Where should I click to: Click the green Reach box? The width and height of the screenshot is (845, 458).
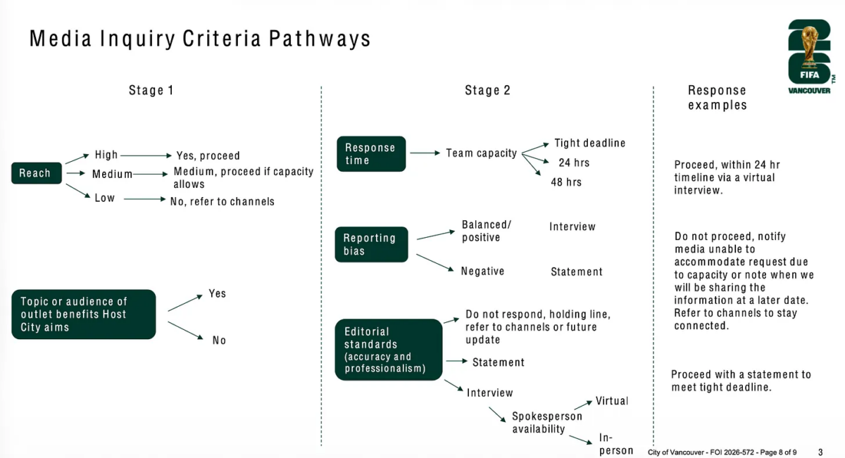(37, 173)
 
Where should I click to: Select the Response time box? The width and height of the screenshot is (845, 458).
(371, 154)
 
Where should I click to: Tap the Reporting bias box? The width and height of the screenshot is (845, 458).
(371, 244)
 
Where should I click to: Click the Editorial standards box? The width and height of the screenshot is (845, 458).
(389, 350)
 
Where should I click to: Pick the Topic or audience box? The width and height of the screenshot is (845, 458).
(83, 314)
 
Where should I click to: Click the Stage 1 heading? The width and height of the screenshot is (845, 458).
(151, 91)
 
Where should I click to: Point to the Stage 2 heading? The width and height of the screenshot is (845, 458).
(487, 91)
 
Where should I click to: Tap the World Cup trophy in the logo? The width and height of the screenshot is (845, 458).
(809, 46)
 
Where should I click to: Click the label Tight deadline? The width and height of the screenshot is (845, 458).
(590, 144)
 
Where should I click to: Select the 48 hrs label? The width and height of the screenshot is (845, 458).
(566, 182)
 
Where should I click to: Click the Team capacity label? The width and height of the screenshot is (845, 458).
(482, 153)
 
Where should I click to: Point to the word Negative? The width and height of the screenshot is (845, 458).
(482, 271)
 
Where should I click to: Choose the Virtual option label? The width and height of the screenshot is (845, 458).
(612, 401)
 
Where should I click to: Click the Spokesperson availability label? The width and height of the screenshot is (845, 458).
(547, 423)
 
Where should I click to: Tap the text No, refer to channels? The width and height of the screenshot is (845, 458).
(223, 202)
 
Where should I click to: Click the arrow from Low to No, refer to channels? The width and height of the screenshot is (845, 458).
(145, 199)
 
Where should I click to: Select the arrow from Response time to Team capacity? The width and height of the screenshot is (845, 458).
(425, 153)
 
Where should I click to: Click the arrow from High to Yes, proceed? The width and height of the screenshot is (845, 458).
(146, 155)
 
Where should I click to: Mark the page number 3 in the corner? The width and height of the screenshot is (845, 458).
(820, 452)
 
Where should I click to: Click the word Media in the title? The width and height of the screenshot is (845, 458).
(61, 39)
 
